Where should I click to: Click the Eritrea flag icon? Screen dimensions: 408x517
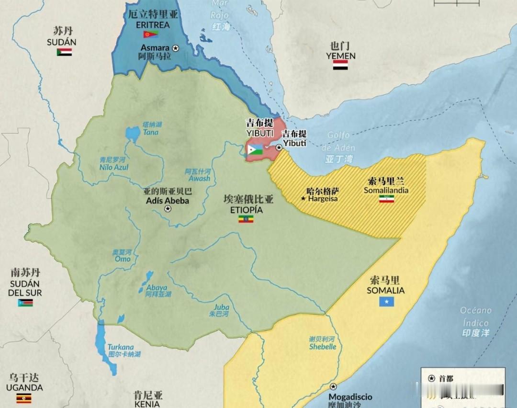pyautogui.click(x=150, y=34)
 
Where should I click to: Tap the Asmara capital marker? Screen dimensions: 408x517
pyautogui.click(x=175, y=48)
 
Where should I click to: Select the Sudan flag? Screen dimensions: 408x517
pyautogui.click(x=64, y=52)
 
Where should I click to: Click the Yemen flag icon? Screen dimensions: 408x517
pyautogui.click(x=340, y=65)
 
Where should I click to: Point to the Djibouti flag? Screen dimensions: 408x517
pyautogui.click(x=255, y=149)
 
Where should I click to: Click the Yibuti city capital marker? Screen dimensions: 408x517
pyautogui.click(x=279, y=148)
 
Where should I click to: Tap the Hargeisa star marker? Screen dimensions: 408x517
pyautogui.click(x=303, y=198)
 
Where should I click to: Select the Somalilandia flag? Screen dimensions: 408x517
pyautogui.click(x=386, y=198)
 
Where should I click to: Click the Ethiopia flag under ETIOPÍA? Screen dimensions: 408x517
pyautogui.click(x=246, y=219)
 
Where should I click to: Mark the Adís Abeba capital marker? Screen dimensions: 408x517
pyautogui.click(x=168, y=209)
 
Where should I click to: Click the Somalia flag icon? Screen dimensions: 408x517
pyautogui.click(x=386, y=301)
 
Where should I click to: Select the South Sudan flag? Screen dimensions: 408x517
pyautogui.click(x=25, y=303)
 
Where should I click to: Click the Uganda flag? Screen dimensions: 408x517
pyautogui.click(x=24, y=398)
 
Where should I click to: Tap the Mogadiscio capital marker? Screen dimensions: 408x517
pyautogui.click(x=333, y=387)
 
